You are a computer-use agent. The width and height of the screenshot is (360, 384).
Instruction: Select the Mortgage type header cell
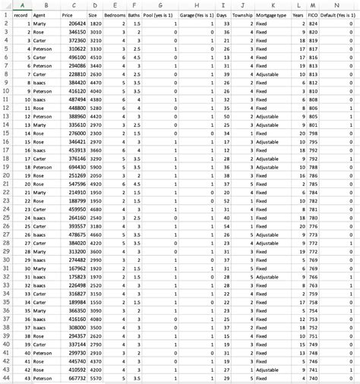click(x=270, y=14)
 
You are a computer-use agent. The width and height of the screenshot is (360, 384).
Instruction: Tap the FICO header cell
click(x=312, y=14)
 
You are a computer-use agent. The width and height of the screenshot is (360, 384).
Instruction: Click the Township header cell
click(x=242, y=14)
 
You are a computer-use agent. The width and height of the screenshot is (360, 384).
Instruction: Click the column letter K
click(x=272, y=5)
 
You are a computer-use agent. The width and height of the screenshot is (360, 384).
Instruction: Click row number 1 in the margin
click(x=6, y=14)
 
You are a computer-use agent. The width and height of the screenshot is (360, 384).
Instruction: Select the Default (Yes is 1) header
click(x=339, y=14)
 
